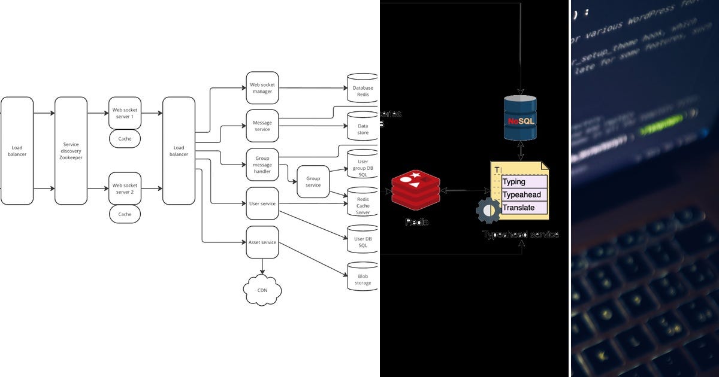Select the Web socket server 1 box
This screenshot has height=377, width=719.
point(125,113)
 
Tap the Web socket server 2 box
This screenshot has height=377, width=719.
point(125,188)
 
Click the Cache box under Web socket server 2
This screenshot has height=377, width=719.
point(125,214)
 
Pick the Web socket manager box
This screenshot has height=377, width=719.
point(262,88)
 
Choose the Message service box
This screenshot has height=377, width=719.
point(262,126)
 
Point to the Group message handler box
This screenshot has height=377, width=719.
point(262,165)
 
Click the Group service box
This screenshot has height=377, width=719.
point(313,182)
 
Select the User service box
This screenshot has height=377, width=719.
point(262,203)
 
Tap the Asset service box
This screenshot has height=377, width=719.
point(262,242)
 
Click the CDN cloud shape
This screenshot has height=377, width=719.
point(262,290)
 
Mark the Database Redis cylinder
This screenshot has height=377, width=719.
point(362,89)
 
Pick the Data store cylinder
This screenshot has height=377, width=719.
point(362,126)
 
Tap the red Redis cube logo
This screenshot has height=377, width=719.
point(415,188)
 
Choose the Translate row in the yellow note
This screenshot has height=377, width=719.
point(524,208)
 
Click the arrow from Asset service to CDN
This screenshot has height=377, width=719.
point(262,267)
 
